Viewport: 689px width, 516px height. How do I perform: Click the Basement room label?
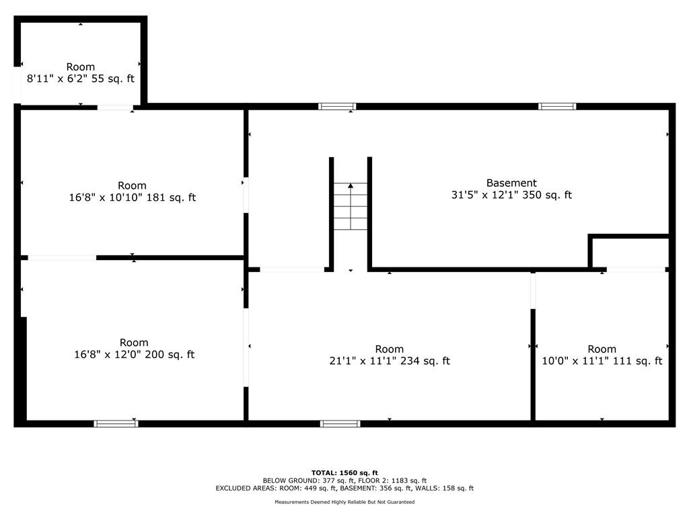tap(511, 183)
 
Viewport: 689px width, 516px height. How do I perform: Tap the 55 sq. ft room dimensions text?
tap(81, 79)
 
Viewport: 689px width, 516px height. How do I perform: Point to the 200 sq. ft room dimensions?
tap(134, 355)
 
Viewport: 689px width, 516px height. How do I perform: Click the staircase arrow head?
tap(351, 186)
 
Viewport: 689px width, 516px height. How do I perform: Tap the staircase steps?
tap(351, 206)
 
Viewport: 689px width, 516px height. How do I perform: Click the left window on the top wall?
tap(337, 106)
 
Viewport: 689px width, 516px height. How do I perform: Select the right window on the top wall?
tap(557, 106)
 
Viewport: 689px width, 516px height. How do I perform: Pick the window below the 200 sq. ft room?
tap(116, 423)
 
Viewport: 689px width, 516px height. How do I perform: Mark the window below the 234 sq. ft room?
tap(340, 423)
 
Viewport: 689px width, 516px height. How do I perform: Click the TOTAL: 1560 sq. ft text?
tap(344, 472)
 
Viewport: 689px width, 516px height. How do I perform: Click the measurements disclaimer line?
tap(344, 502)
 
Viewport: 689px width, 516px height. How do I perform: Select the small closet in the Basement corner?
tap(630, 253)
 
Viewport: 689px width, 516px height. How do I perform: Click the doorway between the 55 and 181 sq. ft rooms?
tap(115, 107)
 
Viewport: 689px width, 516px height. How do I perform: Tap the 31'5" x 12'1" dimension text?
tap(511, 195)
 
